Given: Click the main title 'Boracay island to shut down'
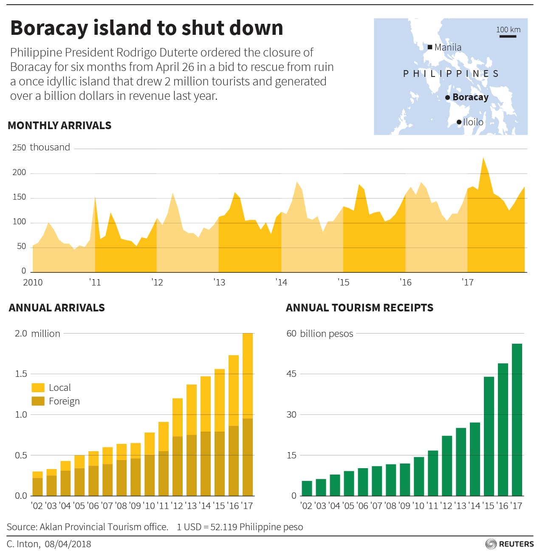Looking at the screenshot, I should point(147,28).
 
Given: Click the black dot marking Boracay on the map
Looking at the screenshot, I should point(447,98).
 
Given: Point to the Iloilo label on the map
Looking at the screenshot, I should point(473,122).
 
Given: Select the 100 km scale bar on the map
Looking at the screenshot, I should point(508,36).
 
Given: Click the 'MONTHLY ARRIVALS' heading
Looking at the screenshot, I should point(59,125).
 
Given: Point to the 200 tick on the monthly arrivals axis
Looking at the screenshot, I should point(19,172).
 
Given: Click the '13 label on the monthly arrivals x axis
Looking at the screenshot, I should point(219,282).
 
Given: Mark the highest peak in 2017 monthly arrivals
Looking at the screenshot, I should point(483,158).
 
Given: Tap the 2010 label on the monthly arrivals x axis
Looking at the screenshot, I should point(33,282).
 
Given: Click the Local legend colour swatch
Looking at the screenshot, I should point(38,387).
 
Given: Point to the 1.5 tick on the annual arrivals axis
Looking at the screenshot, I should point(21,374).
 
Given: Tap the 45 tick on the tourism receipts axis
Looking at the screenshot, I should point(291,374).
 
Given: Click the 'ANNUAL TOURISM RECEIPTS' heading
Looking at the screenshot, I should point(359,308).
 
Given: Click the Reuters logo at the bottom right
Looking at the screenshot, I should point(509,544).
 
